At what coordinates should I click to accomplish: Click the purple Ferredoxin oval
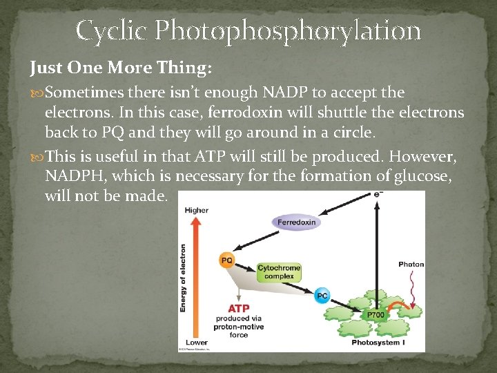296,222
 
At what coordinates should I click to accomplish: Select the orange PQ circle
226,260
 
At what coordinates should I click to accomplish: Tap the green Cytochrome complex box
278,271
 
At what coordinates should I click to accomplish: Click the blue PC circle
322,296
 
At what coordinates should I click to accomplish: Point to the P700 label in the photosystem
375,315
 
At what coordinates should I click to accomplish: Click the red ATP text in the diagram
238,308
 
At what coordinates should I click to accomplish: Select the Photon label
411,265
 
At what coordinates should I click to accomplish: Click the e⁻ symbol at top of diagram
378,195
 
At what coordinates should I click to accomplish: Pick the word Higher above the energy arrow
196,210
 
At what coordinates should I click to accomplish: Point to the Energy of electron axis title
184,276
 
